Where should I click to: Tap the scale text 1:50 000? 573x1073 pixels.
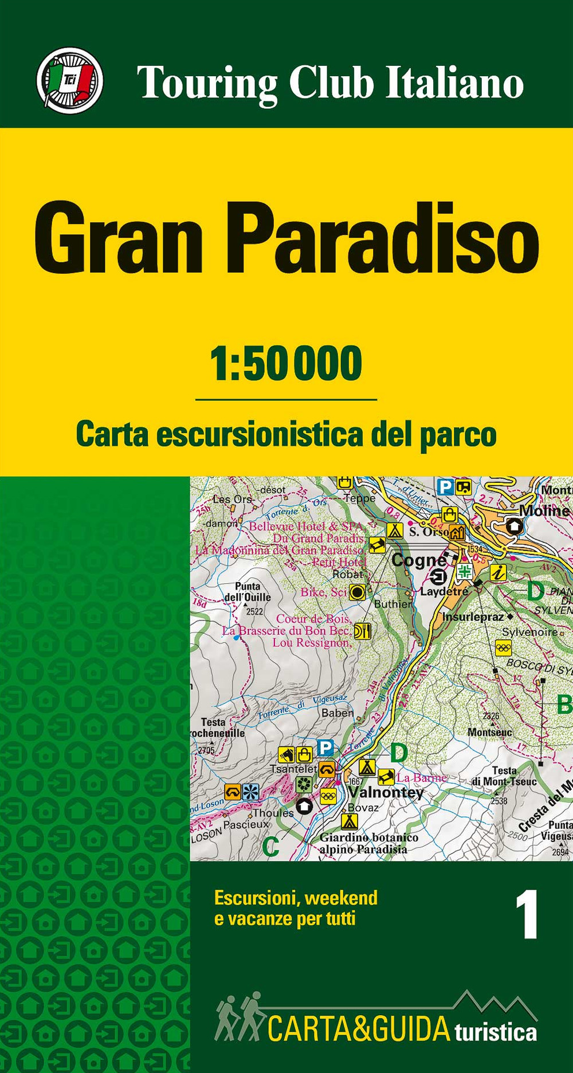point(286,364)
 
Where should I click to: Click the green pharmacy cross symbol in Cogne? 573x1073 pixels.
point(464,571)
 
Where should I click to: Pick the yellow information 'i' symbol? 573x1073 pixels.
point(499,572)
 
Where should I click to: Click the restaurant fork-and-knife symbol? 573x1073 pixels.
point(363,631)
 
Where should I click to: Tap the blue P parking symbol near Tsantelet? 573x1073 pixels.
point(325,747)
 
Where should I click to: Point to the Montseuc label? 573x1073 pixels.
point(489,732)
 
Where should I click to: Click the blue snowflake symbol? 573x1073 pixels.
point(250,792)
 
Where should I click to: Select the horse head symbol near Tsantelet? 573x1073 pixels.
point(286,754)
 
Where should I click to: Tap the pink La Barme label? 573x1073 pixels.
point(421,777)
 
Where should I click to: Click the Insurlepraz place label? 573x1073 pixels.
point(473,617)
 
